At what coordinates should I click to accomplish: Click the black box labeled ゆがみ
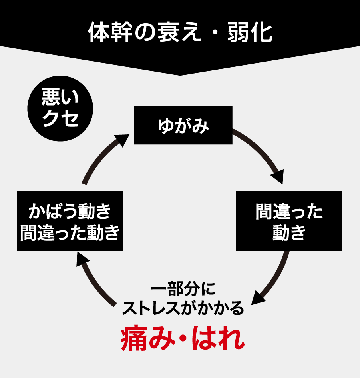pyautogui.click(x=183, y=125)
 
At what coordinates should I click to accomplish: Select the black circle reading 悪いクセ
pyautogui.click(x=60, y=108)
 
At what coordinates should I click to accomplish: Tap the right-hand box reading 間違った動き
pyautogui.click(x=289, y=221)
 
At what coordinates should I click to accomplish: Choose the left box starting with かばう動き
pyautogui.click(x=70, y=221)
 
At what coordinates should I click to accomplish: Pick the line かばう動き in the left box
pyautogui.click(x=70, y=211)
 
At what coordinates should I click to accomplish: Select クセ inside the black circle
pyautogui.click(x=60, y=118)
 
